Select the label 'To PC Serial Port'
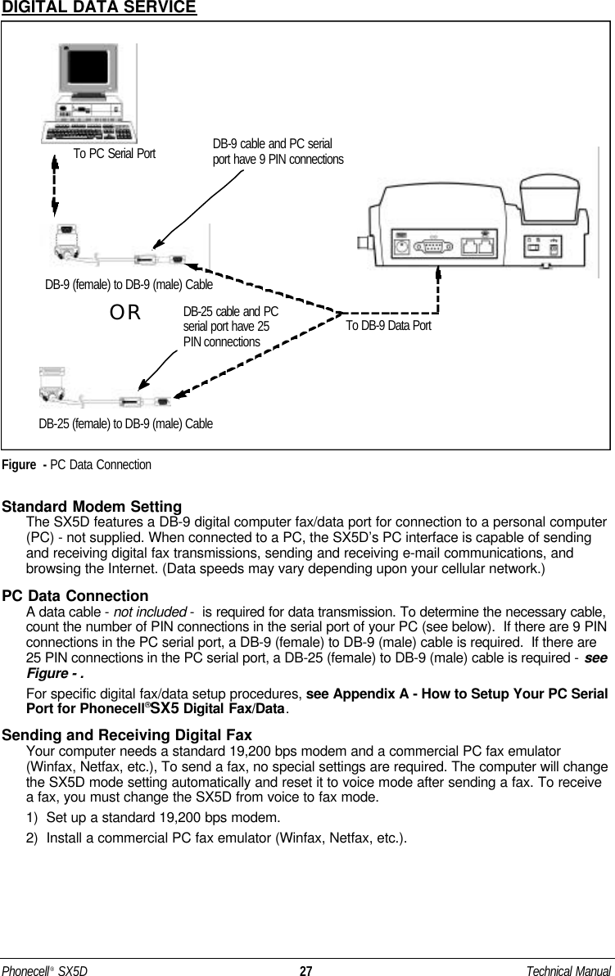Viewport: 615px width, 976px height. click(x=114, y=152)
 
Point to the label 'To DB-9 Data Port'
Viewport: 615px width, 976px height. click(x=387, y=325)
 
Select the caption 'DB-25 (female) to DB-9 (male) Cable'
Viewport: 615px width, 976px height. click(x=126, y=423)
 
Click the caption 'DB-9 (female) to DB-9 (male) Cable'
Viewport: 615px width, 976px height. click(x=129, y=284)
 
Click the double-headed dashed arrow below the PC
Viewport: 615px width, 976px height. click(x=55, y=187)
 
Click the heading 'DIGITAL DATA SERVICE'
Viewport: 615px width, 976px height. click(x=98, y=8)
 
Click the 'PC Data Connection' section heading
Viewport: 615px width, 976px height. click(x=76, y=595)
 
